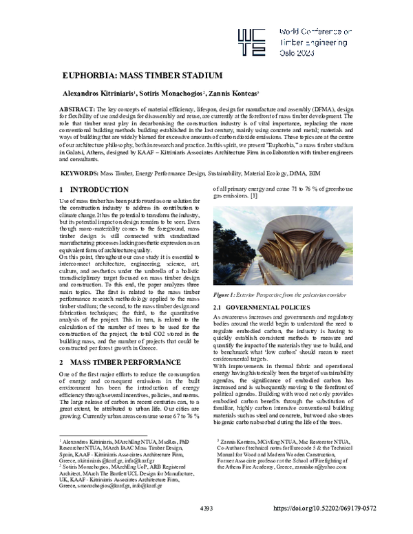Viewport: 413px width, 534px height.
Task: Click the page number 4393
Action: (206, 527)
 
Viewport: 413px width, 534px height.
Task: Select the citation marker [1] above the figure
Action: (254, 197)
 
